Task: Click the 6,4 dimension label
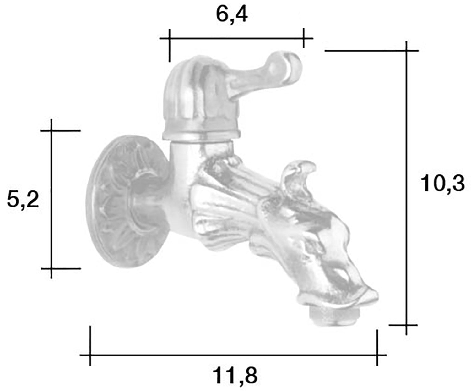coord(232,15)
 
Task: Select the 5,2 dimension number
coord(23,200)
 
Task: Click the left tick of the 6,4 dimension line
coord(169,39)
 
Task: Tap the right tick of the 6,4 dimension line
coord(303,38)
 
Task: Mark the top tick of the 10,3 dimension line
coord(407,50)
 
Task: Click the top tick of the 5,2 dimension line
coord(51,130)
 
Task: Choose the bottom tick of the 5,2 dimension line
coord(51,268)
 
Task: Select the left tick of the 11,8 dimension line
coord(90,355)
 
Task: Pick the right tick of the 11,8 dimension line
coord(377,355)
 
